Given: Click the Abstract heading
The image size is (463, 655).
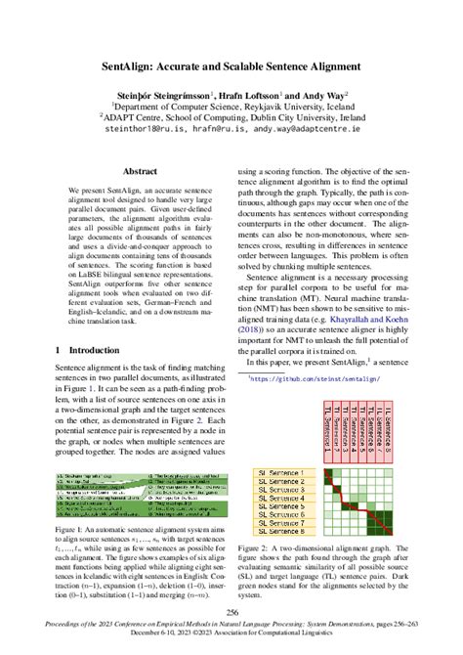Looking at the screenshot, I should click(134, 168).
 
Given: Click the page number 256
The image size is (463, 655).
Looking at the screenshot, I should click(231, 614).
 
